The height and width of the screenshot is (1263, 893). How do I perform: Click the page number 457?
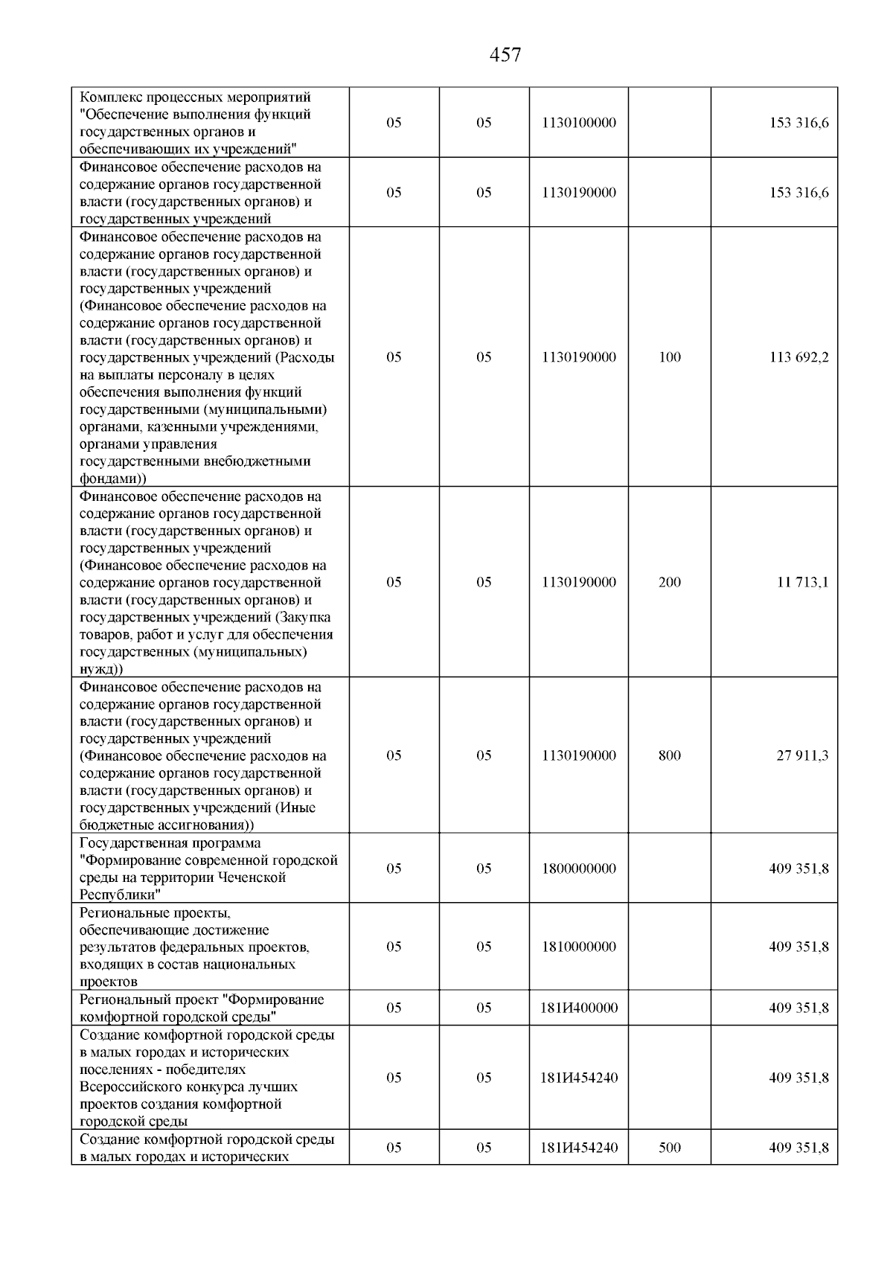505,55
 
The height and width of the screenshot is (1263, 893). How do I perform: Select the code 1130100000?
579,123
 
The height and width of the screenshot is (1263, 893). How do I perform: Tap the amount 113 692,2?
798,357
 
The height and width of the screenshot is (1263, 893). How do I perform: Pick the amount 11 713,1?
803,582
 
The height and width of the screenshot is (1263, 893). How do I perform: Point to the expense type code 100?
670,357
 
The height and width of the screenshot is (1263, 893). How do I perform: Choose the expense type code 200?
670,582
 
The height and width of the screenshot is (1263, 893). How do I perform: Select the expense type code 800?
670,755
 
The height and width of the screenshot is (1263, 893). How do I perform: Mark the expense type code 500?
670,1148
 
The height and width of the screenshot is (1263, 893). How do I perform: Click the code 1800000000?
579,869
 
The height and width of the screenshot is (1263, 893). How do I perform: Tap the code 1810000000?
579,947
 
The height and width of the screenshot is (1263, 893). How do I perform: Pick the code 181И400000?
579,1008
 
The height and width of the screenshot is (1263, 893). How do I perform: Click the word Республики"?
121,895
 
